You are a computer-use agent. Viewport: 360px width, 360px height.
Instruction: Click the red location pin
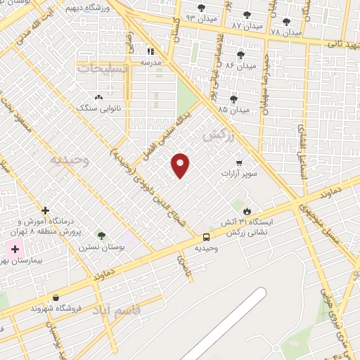click(x=181, y=165)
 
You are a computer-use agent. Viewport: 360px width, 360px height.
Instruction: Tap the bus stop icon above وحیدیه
click(x=206, y=237)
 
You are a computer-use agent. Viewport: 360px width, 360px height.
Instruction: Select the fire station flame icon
click(x=247, y=210)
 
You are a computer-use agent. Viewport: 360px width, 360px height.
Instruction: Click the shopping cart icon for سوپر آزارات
click(x=239, y=162)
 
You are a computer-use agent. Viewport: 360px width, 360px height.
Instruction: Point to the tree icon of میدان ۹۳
click(x=202, y=8)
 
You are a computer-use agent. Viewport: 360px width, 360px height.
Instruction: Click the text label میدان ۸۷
click(x=247, y=26)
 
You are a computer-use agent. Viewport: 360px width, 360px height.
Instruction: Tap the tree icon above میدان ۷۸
click(x=286, y=22)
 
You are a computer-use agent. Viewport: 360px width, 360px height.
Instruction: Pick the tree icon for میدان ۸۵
click(x=233, y=99)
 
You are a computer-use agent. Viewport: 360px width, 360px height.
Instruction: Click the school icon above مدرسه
click(x=150, y=51)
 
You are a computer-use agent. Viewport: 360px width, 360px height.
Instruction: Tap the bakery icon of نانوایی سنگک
click(x=98, y=97)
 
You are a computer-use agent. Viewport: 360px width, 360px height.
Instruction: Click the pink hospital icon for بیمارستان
click(x=15, y=249)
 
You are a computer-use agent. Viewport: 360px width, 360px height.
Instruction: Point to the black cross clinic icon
click(x=46, y=210)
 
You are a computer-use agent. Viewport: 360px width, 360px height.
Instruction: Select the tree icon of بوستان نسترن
click(x=101, y=236)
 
